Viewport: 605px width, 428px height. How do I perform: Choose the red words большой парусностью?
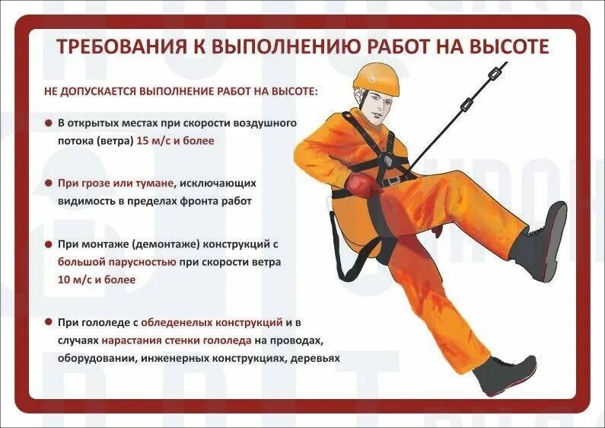point(116,262)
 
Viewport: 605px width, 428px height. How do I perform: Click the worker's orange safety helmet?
point(375,79)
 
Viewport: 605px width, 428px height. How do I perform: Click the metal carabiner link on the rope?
point(491,75)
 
